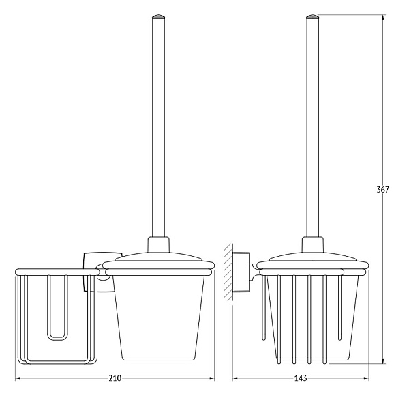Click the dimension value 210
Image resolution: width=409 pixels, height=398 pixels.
point(115,378)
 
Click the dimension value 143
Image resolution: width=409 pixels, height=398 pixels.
point(301,378)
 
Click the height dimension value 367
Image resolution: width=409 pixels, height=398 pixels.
point(382,190)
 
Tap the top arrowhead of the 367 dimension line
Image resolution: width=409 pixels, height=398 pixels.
point(382,18)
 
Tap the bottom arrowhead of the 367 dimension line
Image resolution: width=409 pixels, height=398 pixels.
point(382,360)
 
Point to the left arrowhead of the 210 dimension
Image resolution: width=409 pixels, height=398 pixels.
point(18,378)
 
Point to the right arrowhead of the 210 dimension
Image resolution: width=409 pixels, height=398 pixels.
point(211,378)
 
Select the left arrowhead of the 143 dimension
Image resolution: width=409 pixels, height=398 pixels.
point(236,378)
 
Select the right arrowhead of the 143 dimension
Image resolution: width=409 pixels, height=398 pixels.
point(365,378)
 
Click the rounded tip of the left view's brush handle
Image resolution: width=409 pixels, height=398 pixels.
point(159,16)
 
